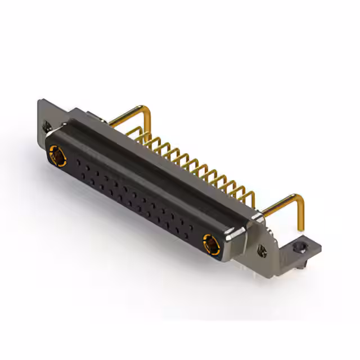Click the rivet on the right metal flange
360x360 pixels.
pos(263,249)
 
